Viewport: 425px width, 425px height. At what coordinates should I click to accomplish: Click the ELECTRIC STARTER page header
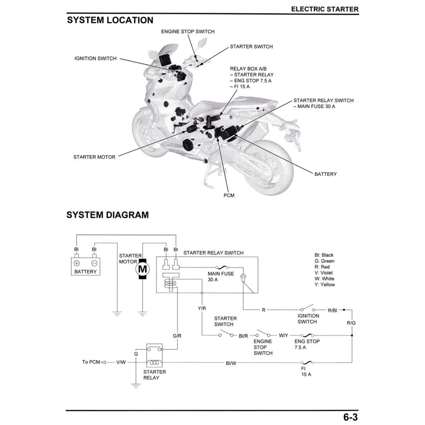coord(324,9)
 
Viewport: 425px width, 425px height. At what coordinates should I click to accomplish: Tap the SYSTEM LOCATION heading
coord(110,20)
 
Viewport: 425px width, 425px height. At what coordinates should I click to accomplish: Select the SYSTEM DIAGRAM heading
coord(107,215)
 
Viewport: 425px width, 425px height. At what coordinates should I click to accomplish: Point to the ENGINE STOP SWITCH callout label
coord(188,32)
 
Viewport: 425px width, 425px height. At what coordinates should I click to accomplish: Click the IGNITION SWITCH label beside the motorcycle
coord(95,59)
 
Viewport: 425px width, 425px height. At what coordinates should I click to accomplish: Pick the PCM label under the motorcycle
coord(229,195)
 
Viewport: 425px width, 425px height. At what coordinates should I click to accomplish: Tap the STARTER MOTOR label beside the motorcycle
coord(94,157)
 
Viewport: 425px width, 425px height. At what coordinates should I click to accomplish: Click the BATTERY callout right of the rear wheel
coord(325,174)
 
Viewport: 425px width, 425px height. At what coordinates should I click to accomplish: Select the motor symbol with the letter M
coord(142,269)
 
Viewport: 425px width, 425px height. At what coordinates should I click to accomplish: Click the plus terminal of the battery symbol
coord(77,263)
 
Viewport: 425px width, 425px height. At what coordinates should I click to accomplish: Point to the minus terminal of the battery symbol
coord(94,263)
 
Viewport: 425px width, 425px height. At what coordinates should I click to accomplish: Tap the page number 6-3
coord(351,417)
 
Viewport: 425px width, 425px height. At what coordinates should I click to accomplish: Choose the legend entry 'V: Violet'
coord(324,273)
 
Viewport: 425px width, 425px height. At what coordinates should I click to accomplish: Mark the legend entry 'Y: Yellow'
coord(324,285)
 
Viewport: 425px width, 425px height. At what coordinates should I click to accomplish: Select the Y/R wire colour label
coord(202,309)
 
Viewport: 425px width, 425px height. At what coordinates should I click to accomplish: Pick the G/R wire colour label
coord(177,336)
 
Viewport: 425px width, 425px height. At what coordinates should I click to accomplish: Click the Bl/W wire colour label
coord(231,363)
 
